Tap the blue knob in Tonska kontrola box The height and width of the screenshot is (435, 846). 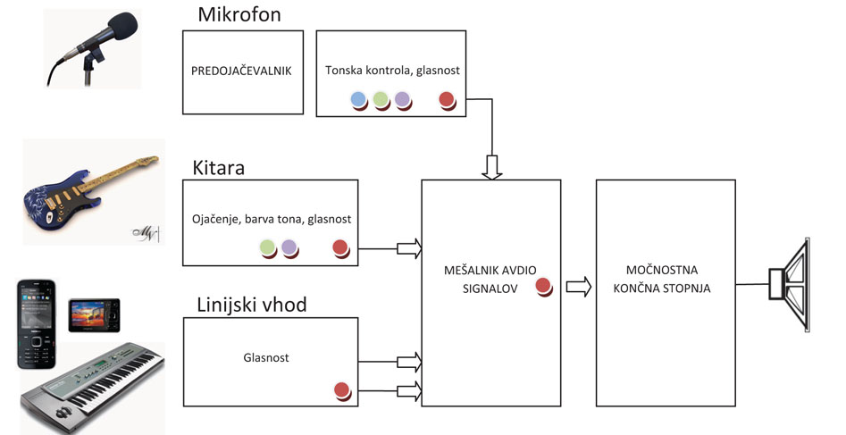(x=359, y=99)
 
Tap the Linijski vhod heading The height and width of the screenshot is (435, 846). (x=251, y=305)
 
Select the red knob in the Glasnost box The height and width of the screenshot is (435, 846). (x=341, y=389)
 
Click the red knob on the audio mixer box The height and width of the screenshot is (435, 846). (x=543, y=286)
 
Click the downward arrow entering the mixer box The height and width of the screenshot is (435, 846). (x=492, y=165)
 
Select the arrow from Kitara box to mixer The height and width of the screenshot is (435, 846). (x=409, y=247)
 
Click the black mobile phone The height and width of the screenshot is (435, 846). (x=37, y=323)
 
